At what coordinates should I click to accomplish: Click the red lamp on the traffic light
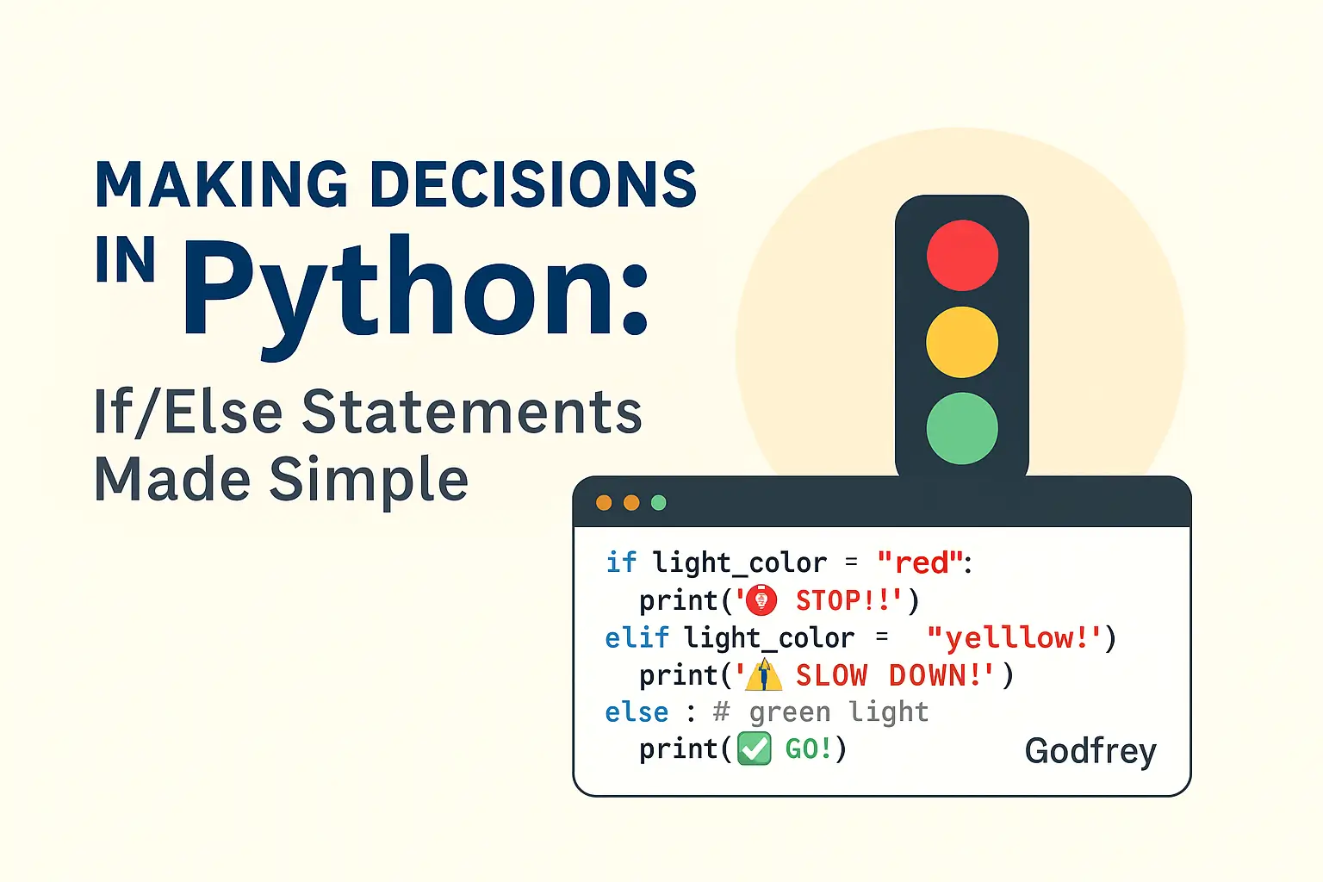tap(962, 255)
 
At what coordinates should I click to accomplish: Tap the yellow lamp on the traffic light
tap(962, 342)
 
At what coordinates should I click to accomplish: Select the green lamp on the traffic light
tap(962, 428)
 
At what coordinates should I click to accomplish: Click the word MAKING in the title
tap(221, 183)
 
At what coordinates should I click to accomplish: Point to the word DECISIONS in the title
tap(537, 183)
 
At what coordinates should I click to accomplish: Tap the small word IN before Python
tap(125, 259)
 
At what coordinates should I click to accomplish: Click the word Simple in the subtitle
tap(369, 481)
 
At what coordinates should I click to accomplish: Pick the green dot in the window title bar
tap(659, 503)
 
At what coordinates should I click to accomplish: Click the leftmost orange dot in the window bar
tap(604, 503)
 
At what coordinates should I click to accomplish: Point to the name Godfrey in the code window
tap(1090, 751)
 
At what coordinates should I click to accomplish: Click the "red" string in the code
tap(921, 562)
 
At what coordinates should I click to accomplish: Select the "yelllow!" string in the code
tap(1014, 638)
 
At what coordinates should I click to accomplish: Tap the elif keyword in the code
tap(637, 638)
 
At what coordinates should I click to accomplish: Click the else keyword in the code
tap(637, 712)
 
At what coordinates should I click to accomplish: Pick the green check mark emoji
tap(755, 748)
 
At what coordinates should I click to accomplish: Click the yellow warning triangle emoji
tap(764, 674)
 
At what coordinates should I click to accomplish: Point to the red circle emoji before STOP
tap(761, 600)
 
